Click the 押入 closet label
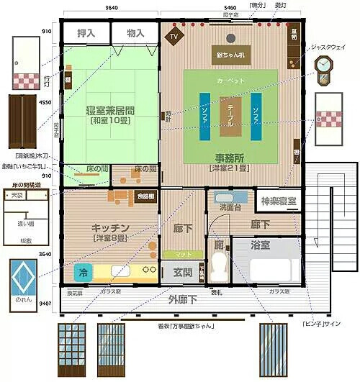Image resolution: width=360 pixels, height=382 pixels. [85, 33]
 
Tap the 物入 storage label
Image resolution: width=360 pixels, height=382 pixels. [135, 33]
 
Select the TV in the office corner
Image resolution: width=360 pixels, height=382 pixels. [174, 35]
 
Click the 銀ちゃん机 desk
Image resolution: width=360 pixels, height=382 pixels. [231, 54]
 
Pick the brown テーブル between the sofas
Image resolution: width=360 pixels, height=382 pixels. [230, 115]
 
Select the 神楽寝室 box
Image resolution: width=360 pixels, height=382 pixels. [277, 200]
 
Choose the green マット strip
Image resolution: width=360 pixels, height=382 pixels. [177, 253]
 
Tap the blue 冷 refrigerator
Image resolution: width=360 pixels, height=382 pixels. [83, 273]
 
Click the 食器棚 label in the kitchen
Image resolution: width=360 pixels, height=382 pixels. [145, 196]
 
